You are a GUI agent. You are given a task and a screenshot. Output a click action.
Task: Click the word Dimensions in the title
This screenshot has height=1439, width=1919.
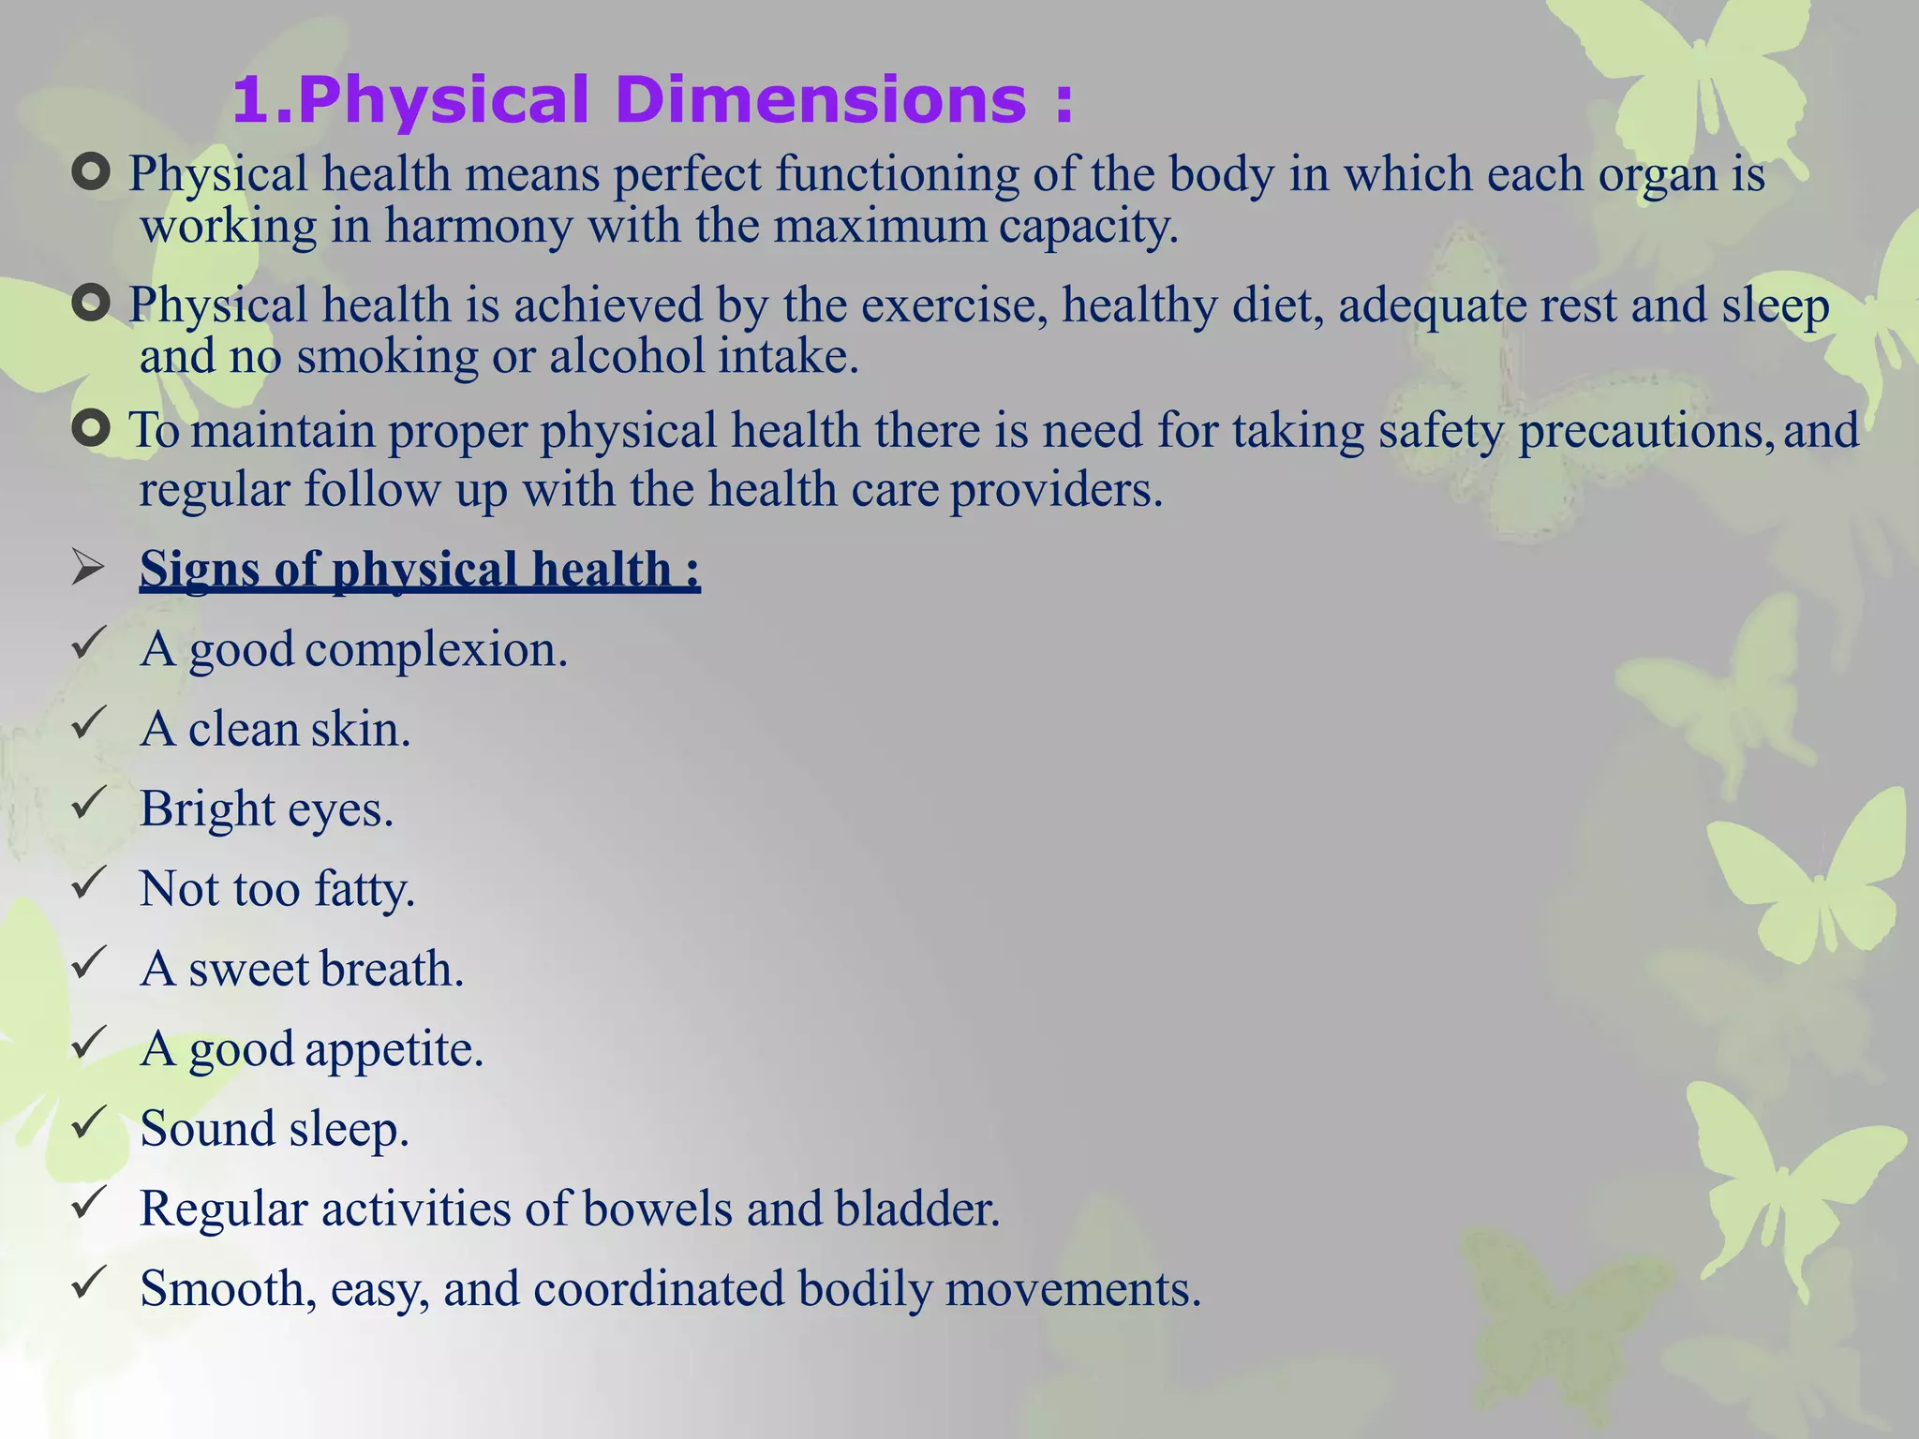pos(822,100)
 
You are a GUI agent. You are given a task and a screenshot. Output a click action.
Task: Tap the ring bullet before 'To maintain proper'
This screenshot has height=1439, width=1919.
pos(91,429)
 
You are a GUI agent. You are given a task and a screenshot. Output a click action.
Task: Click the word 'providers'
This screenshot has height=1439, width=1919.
pos(1056,490)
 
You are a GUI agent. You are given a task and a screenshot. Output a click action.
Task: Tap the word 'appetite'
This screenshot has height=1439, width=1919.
pos(394,1049)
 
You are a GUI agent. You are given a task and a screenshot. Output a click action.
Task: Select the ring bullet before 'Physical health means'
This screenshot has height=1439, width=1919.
pos(91,172)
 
